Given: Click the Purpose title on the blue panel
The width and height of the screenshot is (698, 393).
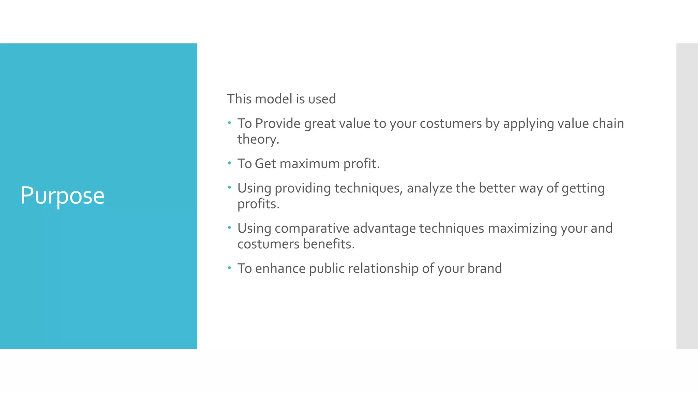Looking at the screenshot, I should (x=62, y=196).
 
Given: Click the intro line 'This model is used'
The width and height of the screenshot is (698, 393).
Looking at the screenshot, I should (x=282, y=99).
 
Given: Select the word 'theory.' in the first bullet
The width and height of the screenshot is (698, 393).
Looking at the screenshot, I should (x=258, y=139).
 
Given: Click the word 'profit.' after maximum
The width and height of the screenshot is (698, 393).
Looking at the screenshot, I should (x=361, y=164).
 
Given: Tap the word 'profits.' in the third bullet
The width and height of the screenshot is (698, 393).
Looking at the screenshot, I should (x=258, y=204).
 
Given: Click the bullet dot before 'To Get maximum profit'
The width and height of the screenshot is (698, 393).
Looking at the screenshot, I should (x=229, y=163).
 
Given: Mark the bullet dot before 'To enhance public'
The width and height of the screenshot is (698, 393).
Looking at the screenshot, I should (x=229, y=267).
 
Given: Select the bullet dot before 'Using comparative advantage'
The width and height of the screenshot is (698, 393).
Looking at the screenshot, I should (x=229, y=228).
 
